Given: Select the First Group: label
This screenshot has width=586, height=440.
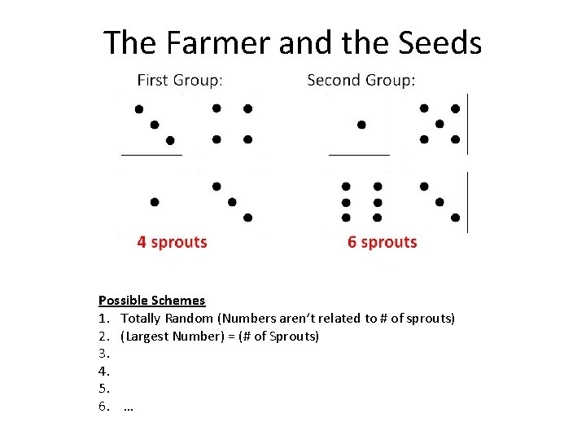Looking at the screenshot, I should point(181,80).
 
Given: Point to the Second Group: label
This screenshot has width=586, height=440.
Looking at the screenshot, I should point(361,80).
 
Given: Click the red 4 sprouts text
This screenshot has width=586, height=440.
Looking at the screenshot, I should point(172,242).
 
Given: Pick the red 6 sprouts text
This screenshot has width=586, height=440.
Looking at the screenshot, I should point(382,242).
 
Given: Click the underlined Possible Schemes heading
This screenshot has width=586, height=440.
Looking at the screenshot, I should point(151,301).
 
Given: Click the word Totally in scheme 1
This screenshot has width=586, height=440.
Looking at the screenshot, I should point(142,318).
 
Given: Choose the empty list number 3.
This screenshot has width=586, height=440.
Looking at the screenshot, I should point(103,354).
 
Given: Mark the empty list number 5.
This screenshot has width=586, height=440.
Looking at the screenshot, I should point(103,389).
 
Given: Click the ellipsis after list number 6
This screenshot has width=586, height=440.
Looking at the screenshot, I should point(128,407).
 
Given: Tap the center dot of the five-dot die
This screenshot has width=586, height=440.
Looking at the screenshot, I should point(439,124).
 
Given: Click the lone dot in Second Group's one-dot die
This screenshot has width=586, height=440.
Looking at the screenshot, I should point(361,125).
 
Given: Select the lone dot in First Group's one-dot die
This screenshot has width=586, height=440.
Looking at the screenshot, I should point(155,201).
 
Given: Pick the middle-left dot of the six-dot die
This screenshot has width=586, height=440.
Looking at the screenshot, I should point(346,202).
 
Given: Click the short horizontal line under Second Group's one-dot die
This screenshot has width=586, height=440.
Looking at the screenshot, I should point(359,153).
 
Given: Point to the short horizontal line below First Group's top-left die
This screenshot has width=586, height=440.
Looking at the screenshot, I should point(151,153).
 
